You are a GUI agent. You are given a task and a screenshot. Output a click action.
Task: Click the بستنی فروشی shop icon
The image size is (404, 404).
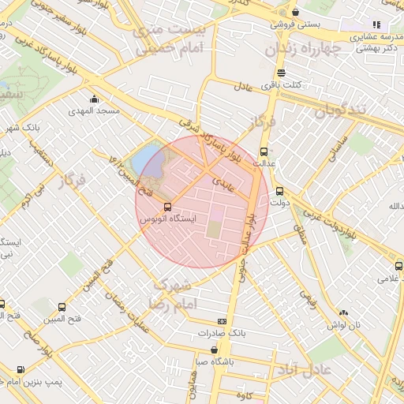295,13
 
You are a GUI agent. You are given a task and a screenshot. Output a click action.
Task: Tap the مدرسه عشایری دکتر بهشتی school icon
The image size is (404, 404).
376,24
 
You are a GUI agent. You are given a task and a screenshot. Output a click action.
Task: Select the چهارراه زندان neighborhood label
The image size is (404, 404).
312,50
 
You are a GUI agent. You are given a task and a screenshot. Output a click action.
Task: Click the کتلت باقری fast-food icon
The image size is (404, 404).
282,73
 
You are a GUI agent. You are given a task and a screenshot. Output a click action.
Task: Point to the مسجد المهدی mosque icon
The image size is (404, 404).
95,99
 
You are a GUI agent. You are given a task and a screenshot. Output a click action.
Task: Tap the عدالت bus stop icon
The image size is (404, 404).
264,151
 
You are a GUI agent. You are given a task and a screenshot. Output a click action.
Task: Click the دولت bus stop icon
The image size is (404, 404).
279,190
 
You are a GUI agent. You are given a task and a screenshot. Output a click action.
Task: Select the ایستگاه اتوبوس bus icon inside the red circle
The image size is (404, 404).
166,206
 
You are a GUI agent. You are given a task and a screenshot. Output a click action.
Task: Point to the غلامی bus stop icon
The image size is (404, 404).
398,267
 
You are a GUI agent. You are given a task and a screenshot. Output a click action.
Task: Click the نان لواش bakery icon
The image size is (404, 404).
343,312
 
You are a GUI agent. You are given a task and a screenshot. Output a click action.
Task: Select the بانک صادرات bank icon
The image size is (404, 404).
222,321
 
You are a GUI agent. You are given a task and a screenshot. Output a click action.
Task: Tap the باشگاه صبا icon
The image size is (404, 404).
215,350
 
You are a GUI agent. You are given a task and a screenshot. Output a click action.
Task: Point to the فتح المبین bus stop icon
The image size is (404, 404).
62,307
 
